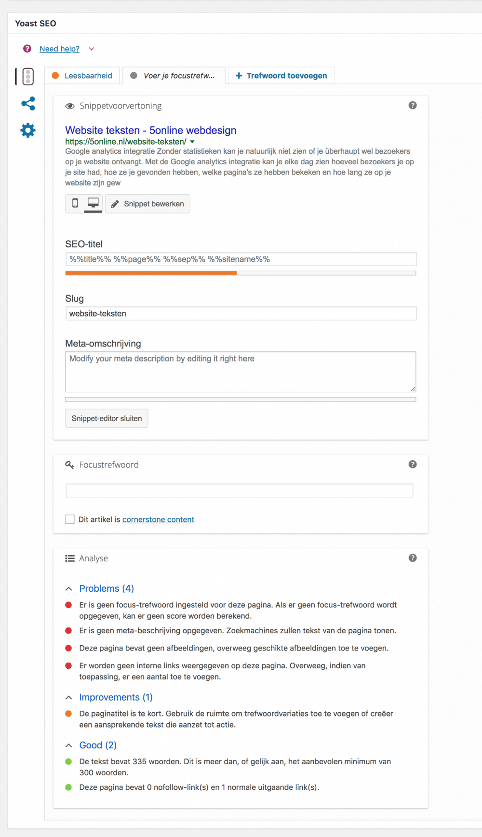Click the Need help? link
59,49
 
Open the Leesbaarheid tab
82,76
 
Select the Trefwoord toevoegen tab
281,76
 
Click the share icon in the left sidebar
28,104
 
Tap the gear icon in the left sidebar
28,130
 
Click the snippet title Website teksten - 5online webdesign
150,130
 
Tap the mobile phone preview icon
75,203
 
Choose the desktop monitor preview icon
93,203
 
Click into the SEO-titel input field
241,259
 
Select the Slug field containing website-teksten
241,314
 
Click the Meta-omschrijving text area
241,372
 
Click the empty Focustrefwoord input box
239,491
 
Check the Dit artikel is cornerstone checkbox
70,519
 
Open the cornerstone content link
158,519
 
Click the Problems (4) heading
107,588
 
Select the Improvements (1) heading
116,697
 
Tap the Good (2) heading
98,745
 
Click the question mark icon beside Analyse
413,558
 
